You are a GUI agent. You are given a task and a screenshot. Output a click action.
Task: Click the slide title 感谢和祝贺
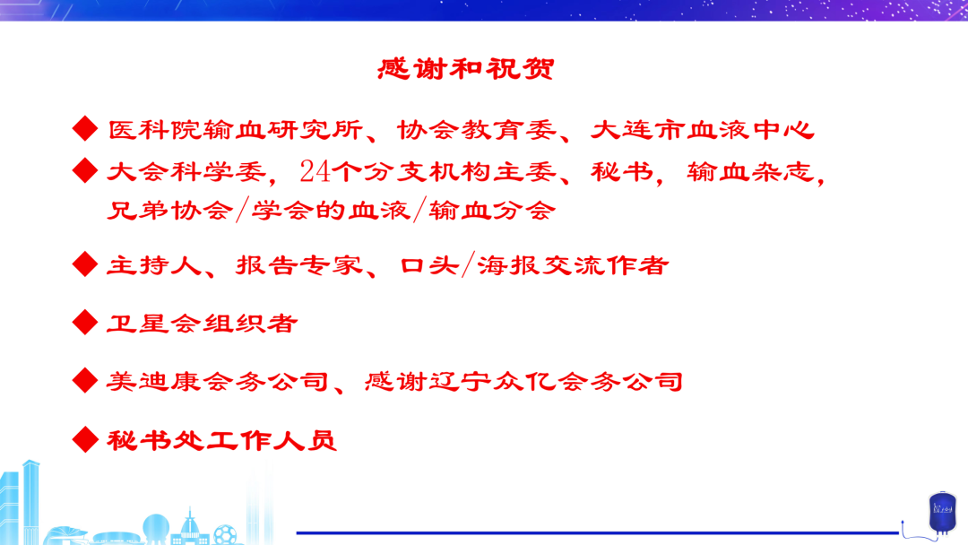(x=466, y=68)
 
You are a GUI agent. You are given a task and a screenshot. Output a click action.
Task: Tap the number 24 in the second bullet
(x=315, y=171)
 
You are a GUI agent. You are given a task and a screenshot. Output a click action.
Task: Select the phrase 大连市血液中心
(x=703, y=130)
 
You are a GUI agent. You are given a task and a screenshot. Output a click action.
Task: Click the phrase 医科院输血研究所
(x=235, y=130)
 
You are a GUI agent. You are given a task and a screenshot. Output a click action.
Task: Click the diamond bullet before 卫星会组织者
(x=85, y=322)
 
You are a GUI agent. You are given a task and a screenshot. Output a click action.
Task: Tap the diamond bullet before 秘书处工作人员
(x=85, y=439)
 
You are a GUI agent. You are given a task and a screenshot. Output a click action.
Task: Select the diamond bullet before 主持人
(x=85, y=264)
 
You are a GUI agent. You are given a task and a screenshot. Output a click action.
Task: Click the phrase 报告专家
(x=299, y=265)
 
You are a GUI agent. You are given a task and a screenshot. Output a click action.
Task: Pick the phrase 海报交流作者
(x=573, y=265)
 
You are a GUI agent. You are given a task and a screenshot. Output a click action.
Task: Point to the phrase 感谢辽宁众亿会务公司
(x=524, y=382)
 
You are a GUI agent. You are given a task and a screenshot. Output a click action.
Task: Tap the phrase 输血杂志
(x=751, y=171)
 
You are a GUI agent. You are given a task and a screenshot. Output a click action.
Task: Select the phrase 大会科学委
(x=186, y=171)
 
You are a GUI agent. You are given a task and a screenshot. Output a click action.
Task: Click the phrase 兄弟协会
(x=170, y=211)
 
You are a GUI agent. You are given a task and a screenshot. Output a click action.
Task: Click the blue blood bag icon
(x=942, y=513)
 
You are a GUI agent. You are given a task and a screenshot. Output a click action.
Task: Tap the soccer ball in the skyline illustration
(x=225, y=534)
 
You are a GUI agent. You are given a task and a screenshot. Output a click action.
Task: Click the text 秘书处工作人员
(x=222, y=441)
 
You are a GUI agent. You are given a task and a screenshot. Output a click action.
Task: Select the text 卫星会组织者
(x=203, y=324)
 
